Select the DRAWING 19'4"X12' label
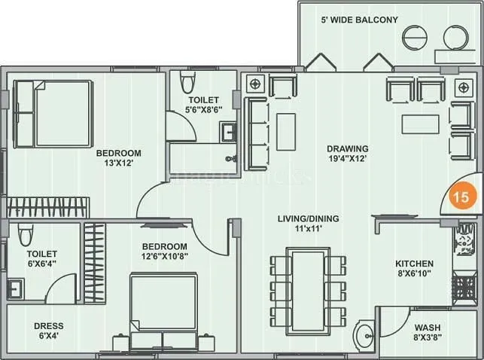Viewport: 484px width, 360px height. (347, 153)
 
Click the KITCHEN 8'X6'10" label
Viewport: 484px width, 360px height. (415, 269)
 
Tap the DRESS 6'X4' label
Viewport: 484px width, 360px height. (50, 331)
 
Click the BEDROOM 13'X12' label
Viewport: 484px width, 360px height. (118, 157)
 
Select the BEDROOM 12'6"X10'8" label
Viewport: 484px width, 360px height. (164, 252)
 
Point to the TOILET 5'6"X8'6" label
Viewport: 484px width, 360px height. (203, 105)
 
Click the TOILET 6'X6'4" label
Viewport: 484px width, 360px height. (42, 259)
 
